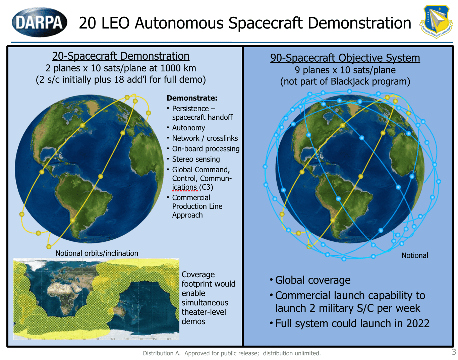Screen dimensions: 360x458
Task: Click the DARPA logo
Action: pyautogui.click(x=39, y=22)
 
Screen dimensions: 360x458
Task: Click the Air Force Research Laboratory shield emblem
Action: pyautogui.click(x=436, y=21)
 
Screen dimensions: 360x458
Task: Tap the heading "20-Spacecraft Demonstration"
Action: pyautogui.click(x=121, y=56)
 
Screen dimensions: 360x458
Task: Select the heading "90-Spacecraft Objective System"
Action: pyautogui.click(x=345, y=58)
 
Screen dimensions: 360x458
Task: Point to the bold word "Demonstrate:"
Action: pyautogui.click(x=192, y=98)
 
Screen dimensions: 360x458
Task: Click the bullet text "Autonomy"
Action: pyautogui.click(x=188, y=128)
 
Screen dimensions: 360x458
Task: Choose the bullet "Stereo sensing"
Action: pyautogui.click(x=196, y=159)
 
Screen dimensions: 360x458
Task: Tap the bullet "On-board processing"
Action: pyautogui.click(x=206, y=149)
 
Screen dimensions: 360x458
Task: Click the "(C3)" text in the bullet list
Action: pyautogui.click(x=206, y=187)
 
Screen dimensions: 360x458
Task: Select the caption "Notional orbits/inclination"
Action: pyautogui.click(x=97, y=253)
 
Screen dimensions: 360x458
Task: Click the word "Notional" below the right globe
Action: pyautogui.click(x=415, y=255)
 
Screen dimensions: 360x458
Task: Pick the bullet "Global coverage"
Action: pyautogui.click(x=312, y=280)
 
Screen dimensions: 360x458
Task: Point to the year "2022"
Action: pyautogui.click(x=418, y=323)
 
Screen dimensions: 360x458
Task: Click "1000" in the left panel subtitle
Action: pyautogui.click(x=171, y=68)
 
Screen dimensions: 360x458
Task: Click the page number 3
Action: pyautogui.click(x=454, y=352)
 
